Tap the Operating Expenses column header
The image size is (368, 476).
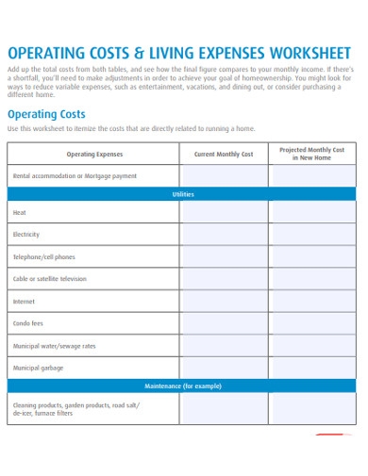[x=94, y=154]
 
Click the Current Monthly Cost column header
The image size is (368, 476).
[x=224, y=154]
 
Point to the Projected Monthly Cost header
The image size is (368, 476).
[x=312, y=154]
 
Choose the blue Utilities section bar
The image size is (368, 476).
[x=182, y=194]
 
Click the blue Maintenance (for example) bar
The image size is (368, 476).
[x=182, y=386]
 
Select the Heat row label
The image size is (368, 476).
[x=20, y=213]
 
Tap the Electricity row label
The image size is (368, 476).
[x=26, y=235]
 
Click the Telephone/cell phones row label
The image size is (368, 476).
[x=43, y=257]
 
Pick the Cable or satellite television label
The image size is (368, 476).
[x=49, y=279]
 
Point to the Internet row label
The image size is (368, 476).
[x=24, y=302]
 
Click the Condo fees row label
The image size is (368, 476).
[x=28, y=323]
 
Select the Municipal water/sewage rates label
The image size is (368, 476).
[x=54, y=346]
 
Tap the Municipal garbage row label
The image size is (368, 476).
[x=39, y=368]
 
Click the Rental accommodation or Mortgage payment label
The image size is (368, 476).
[x=75, y=176]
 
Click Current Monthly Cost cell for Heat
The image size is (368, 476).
[x=224, y=213]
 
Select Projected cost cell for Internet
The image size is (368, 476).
[x=312, y=302]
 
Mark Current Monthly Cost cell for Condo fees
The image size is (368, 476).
[x=224, y=323]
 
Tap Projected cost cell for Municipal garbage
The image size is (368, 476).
[x=312, y=368]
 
